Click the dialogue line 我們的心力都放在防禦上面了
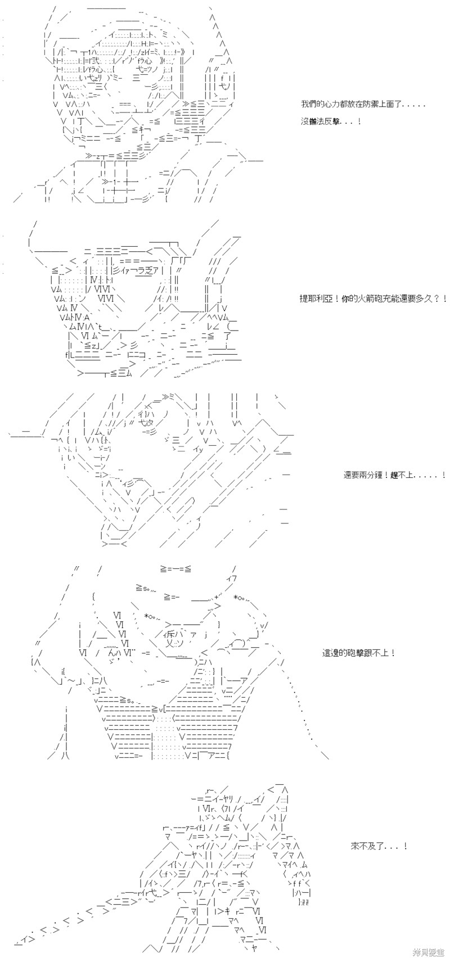pyautogui.click(x=363, y=105)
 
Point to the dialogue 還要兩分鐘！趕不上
pyautogui.click(x=394, y=475)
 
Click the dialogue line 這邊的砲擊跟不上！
pyautogui.click(x=358, y=653)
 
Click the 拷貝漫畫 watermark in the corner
pyautogui.click(x=429, y=952)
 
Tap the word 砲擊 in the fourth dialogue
pyautogui.click(x=355, y=653)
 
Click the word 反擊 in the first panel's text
pyautogui.click(x=339, y=121)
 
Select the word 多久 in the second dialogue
pyautogui.click(x=426, y=299)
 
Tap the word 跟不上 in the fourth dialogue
pyautogui.click(x=377, y=653)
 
